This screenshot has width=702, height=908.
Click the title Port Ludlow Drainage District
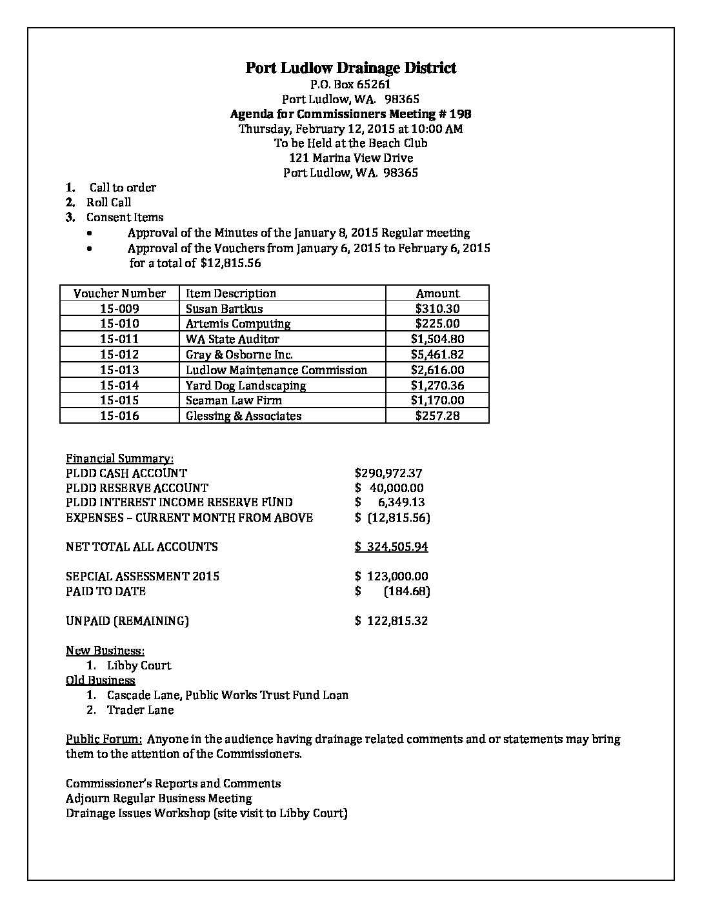350,68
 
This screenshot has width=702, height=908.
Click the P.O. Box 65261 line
350,84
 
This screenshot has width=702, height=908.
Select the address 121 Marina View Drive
351,158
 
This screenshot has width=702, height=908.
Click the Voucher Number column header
119,293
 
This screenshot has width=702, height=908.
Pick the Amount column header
437,293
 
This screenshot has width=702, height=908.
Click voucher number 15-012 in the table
119,355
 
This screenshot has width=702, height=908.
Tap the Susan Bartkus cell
224,309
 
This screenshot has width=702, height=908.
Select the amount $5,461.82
437,355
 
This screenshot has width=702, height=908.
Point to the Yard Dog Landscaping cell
246,386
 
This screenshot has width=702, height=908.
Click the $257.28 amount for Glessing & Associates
437,416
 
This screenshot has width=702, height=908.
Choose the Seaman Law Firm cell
234,400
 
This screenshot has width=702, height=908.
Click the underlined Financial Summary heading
119,459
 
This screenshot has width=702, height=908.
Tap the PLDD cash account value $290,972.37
388,473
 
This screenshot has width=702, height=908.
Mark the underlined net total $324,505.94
392,547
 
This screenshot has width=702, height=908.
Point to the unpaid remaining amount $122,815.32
392,621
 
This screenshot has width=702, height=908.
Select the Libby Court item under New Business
139,666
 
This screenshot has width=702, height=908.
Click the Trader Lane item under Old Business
140,710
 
